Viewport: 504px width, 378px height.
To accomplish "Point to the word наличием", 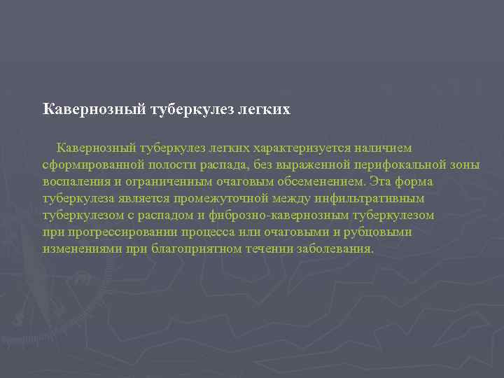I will tap(378, 148).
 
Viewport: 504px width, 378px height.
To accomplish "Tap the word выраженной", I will tap(302, 165).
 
